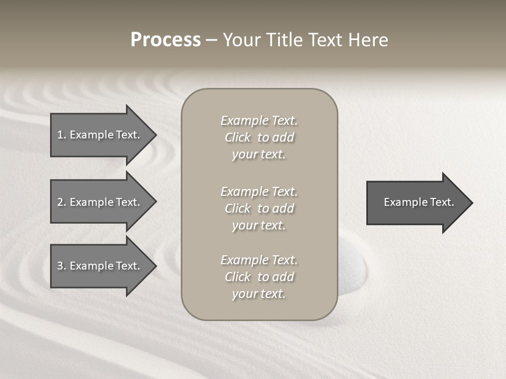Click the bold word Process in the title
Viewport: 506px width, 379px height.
click(166, 40)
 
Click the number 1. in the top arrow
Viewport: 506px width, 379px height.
click(62, 135)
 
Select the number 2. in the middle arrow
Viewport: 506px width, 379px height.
click(62, 202)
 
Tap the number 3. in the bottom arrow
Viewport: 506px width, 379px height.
click(62, 266)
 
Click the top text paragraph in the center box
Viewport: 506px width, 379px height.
click(259, 137)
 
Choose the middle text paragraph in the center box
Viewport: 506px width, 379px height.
click(259, 208)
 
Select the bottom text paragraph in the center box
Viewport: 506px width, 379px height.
click(259, 277)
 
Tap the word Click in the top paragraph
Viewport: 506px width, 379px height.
click(238, 137)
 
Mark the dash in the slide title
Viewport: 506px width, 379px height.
click(211, 40)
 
